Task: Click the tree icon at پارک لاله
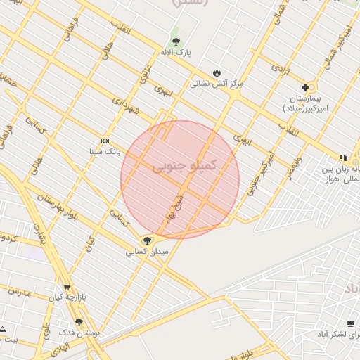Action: (176, 40)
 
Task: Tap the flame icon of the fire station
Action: (217, 72)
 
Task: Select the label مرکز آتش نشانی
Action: (217, 83)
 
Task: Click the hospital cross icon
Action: (305, 87)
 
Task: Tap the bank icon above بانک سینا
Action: (105, 140)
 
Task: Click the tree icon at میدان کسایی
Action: (147, 240)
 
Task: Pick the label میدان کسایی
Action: (147, 251)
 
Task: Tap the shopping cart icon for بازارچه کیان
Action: (66, 287)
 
